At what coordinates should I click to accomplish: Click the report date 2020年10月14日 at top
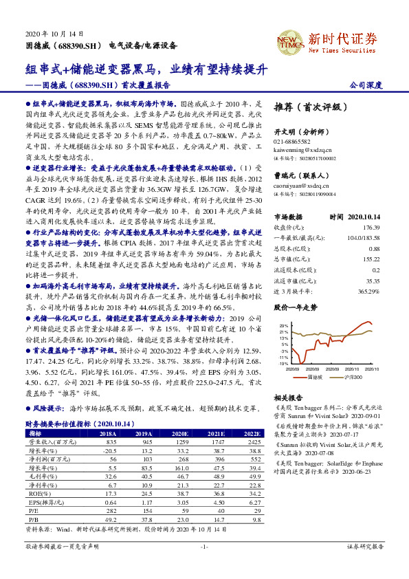pos(54,34)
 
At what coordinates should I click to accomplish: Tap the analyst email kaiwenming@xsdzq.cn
pos(305,149)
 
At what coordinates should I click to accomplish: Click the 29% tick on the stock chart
pos(284,325)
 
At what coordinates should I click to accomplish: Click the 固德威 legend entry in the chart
pos(315,377)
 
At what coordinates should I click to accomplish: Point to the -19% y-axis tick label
pos(283,364)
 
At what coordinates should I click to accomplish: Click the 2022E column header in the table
pos(252,434)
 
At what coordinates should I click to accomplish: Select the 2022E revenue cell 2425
pos(253,442)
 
